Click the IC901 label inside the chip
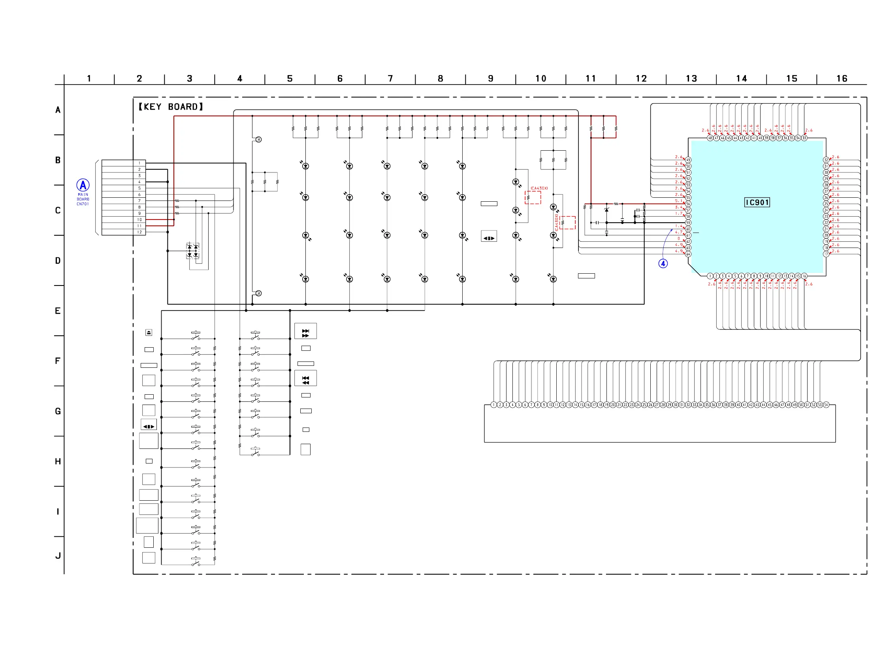click(x=757, y=202)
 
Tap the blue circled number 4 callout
click(x=663, y=263)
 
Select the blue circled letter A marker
click(x=83, y=185)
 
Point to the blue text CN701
click(x=83, y=204)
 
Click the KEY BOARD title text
click(x=171, y=107)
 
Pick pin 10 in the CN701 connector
click(x=139, y=219)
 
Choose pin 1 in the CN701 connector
click(x=139, y=163)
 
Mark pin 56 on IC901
click(x=688, y=204)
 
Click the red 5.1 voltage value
click(x=678, y=201)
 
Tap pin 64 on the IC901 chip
click(x=688, y=254)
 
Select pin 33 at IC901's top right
click(x=804, y=138)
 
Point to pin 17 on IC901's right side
click(x=826, y=254)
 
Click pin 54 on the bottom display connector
click(x=826, y=405)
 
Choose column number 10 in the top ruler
click(x=540, y=78)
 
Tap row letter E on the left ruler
click(x=58, y=311)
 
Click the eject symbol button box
click(x=149, y=332)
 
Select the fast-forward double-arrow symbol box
click(x=306, y=331)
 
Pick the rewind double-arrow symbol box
click(x=306, y=378)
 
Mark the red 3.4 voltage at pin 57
click(x=678, y=207)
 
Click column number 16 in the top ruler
click(x=842, y=78)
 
